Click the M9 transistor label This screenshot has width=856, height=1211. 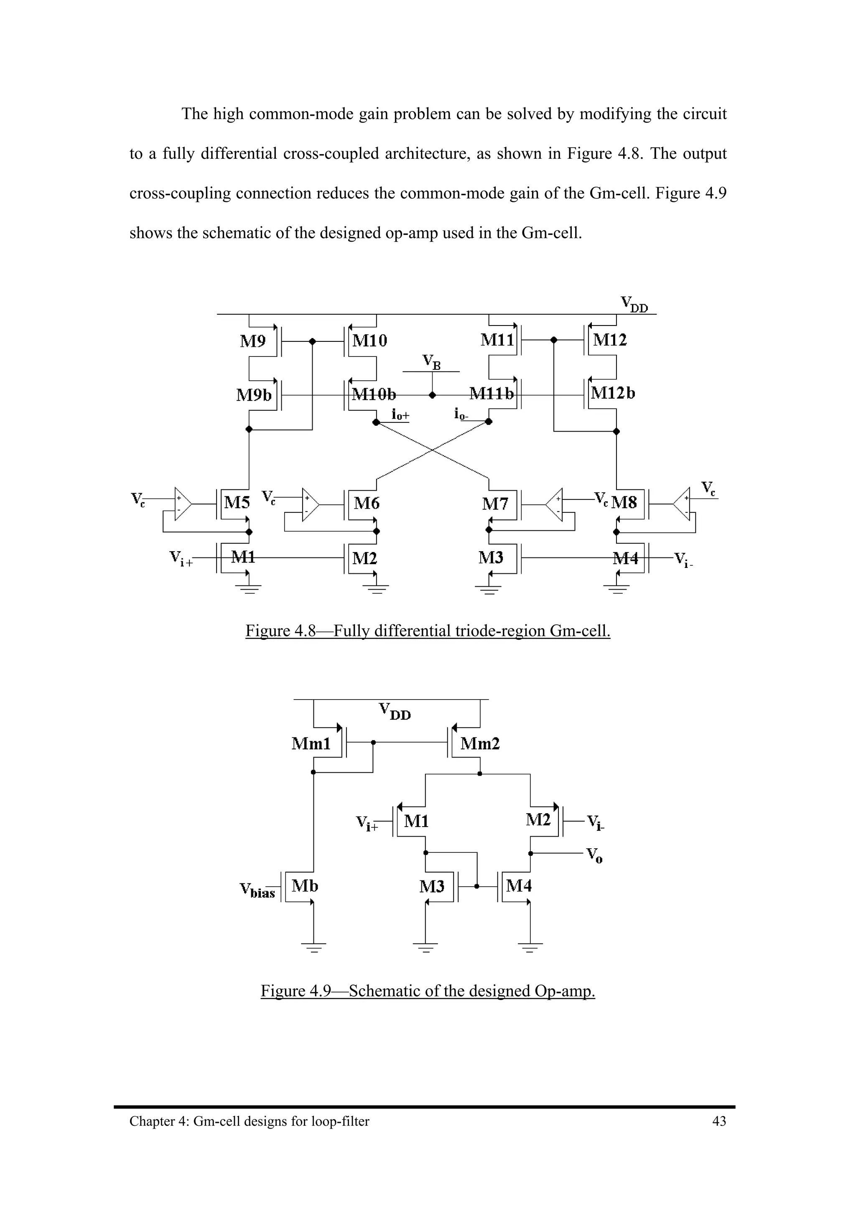252,341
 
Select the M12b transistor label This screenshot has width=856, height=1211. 613,393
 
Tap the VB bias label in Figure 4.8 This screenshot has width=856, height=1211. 431,362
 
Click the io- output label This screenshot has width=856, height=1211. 461,415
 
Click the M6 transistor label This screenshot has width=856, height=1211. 367,503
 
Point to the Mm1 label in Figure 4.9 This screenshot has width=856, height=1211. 311,744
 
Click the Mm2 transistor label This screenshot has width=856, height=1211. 480,744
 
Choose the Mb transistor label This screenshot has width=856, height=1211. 305,886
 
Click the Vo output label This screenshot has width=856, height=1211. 594,855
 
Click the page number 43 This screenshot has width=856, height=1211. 719,1121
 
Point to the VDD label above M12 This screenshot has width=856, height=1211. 634,304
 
